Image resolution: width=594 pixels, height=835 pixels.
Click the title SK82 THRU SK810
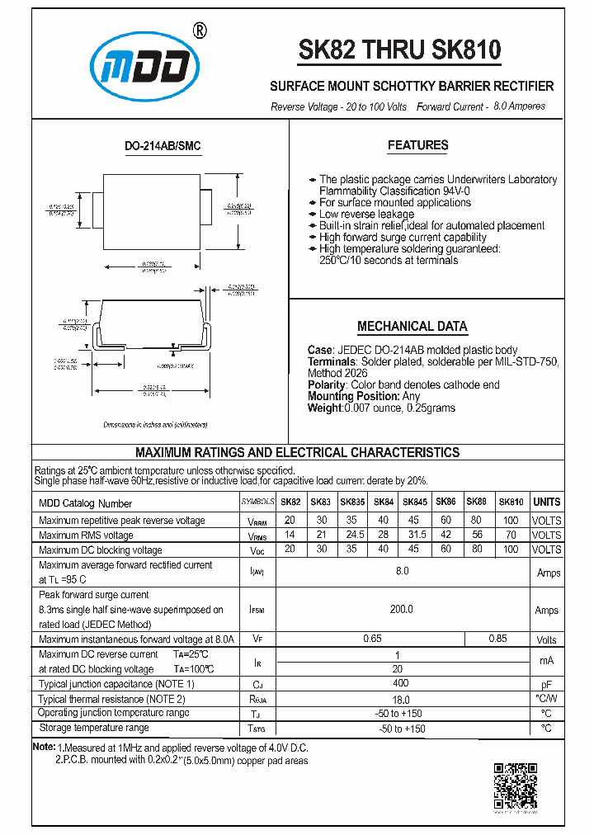tap(399, 51)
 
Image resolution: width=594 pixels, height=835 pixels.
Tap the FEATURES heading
tap(417, 145)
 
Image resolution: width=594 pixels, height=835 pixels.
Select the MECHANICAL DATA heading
tap(412, 326)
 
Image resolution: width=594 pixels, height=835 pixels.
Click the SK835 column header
tap(352, 502)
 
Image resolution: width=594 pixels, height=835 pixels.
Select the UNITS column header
tap(546, 502)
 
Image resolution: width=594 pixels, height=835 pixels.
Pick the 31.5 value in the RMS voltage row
tap(414, 535)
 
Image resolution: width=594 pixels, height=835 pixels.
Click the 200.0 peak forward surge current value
tap(402, 610)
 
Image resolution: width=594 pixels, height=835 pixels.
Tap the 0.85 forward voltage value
tap(497, 639)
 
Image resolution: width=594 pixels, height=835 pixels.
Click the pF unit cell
tap(546, 685)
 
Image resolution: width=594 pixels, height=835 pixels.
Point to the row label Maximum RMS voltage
tap(86, 535)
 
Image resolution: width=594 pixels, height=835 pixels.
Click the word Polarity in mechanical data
tap(327, 384)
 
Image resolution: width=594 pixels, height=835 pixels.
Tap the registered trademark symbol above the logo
tap(199, 30)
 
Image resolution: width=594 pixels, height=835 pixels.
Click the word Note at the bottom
tap(43, 747)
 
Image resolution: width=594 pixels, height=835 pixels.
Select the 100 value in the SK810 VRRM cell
tap(511, 521)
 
